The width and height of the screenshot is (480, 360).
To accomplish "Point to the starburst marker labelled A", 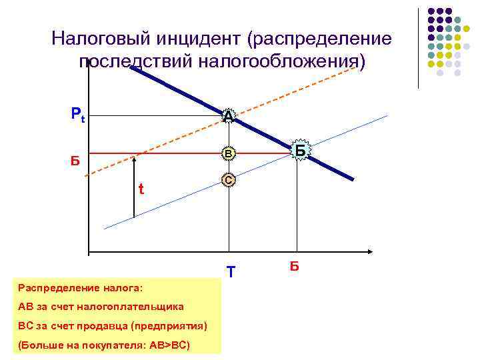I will (229, 117).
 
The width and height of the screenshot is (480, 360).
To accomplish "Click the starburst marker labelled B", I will (229, 154).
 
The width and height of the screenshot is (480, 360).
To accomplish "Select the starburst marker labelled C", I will (229, 181).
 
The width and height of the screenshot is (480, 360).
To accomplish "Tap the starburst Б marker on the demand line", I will (301, 151).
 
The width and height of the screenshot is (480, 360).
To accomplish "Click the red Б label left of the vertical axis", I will (75, 160).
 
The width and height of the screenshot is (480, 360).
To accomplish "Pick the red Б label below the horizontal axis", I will (295, 267).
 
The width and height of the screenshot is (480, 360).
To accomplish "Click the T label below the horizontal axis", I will (231, 272).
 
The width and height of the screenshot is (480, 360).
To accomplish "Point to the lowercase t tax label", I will (141, 189).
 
